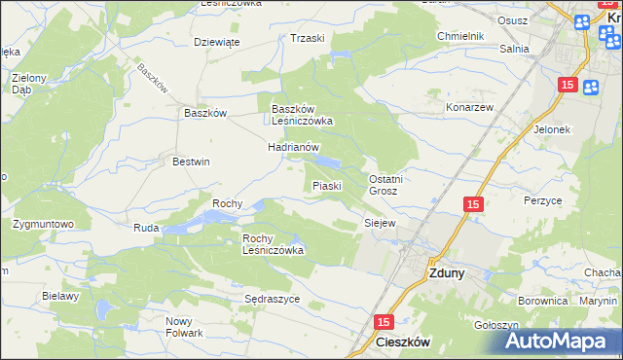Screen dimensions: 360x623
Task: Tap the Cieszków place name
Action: coord(403,342)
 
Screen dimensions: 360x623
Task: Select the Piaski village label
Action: coord(325,186)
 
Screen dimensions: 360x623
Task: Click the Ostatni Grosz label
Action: coord(385,185)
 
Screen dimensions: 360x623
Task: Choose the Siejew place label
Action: coord(380,223)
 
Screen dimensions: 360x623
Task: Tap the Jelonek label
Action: coord(551,128)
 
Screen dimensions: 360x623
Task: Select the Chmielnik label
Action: coord(460,36)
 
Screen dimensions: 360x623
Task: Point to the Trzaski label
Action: coord(307,38)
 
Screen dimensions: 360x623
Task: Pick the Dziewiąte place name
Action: coord(216,42)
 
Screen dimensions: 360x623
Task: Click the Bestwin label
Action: coord(191,162)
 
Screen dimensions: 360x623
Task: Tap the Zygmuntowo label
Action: coord(44,224)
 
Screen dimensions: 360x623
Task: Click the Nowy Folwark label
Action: coord(184,327)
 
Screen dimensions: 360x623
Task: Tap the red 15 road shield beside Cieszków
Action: coord(383,321)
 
